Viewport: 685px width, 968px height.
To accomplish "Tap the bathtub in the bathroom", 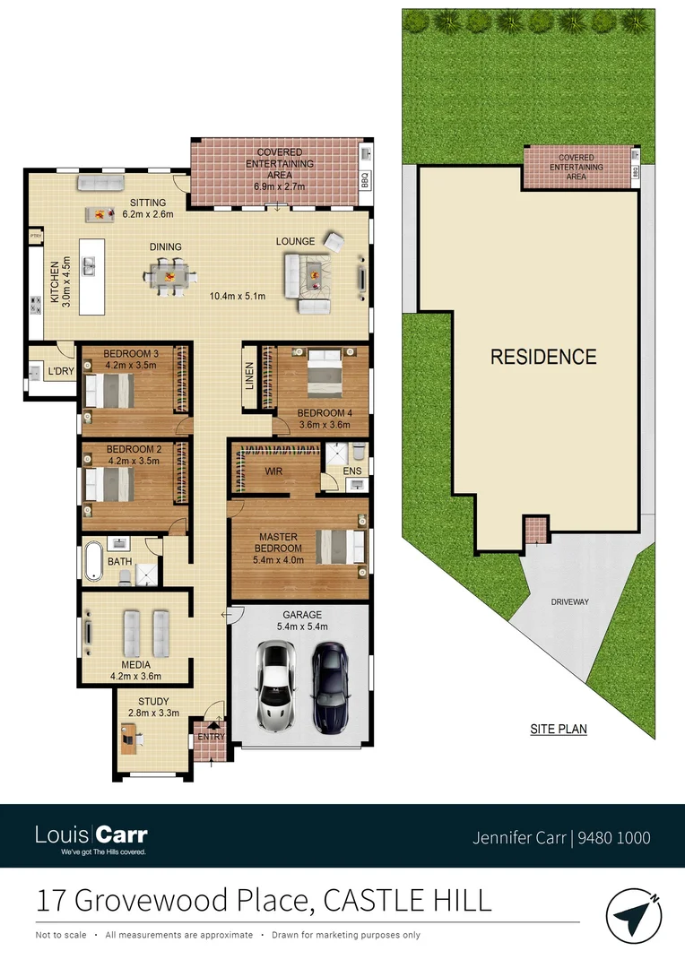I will [x=93, y=561].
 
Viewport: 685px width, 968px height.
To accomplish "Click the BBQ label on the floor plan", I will [x=365, y=180].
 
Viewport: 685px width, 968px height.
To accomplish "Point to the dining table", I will [x=170, y=274].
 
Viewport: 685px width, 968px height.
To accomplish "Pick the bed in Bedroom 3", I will [x=108, y=390].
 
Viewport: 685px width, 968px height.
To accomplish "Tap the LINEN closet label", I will [x=249, y=377].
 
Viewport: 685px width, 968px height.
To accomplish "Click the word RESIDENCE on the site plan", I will [x=542, y=357].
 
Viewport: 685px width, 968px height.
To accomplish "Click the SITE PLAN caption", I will [x=558, y=729].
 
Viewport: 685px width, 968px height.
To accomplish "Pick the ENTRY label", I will [x=211, y=738].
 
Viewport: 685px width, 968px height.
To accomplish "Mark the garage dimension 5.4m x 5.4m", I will [x=301, y=627].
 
